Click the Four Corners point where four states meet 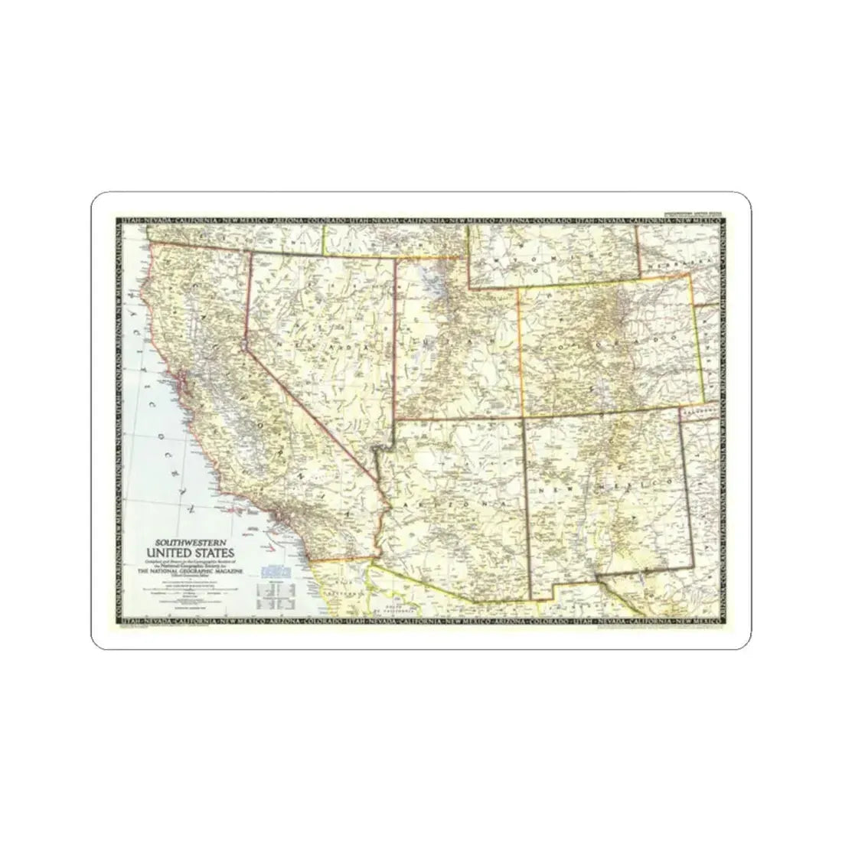tap(524, 418)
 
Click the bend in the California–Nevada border tap(244, 345)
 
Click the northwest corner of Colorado tap(518, 289)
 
